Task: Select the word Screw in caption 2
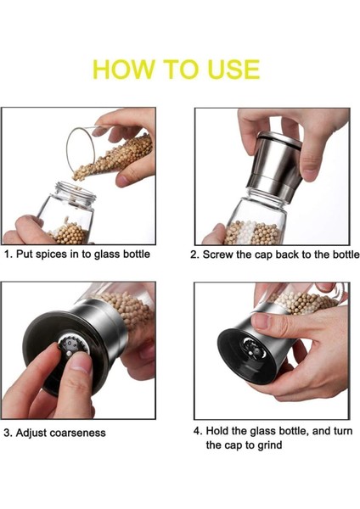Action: point(218,255)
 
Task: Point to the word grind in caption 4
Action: point(270,445)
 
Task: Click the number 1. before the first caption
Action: point(8,254)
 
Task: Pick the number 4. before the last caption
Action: point(198,431)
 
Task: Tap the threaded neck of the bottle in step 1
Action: point(75,193)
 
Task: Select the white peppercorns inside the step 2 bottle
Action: point(250,232)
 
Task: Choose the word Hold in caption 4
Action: point(217,431)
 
